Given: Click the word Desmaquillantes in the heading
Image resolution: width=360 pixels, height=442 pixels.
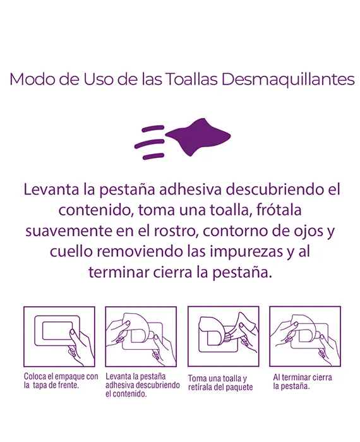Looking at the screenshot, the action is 288,80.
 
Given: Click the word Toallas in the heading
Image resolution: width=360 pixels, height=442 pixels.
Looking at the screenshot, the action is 191,79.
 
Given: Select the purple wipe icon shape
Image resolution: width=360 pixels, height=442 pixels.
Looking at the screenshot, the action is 198,137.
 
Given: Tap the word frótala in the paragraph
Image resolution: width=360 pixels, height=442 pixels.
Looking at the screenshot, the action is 279,210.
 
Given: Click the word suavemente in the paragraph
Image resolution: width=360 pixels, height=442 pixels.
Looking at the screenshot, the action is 68,231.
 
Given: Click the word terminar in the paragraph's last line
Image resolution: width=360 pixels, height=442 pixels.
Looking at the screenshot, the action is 119,272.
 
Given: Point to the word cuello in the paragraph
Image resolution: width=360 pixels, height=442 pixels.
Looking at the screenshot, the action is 71,251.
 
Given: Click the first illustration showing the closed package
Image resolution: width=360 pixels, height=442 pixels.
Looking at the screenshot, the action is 59,337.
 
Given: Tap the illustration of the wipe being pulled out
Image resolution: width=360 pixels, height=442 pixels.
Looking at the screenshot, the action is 224,337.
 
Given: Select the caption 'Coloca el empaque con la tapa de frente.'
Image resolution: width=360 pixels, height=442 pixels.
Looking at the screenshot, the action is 61,381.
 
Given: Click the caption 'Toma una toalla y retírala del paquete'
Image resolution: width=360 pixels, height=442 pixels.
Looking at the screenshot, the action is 220,383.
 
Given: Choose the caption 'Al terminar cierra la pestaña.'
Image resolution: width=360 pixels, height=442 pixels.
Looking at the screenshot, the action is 303,381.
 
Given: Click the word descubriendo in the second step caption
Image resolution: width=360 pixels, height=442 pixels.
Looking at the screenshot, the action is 159,385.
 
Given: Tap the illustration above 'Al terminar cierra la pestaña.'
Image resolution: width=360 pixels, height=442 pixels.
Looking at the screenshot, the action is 305,337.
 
